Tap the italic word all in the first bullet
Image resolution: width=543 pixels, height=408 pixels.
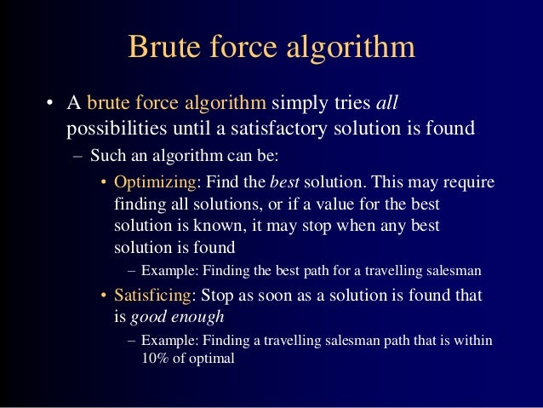pyautogui.click(x=387, y=105)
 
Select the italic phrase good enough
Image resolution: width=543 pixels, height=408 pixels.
pyautogui.click(x=177, y=317)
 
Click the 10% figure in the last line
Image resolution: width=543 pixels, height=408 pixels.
pyautogui.click(x=155, y=358)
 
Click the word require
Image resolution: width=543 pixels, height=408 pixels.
pyautogui.click(x=469, y=183)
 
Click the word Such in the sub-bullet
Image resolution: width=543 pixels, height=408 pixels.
pyautogui.click(x=106, y=157)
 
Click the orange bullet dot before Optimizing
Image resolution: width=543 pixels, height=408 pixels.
pyautogui.click(x=104, y=184)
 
